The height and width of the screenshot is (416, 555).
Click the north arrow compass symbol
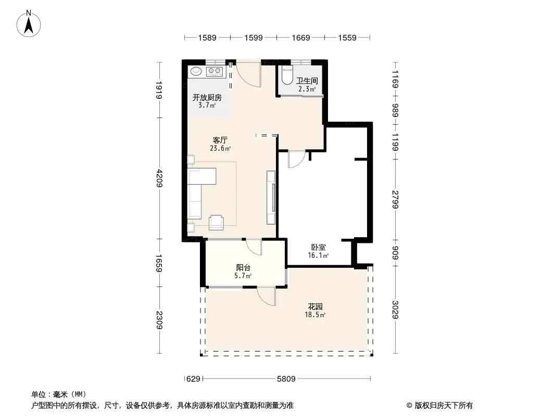(29, 24)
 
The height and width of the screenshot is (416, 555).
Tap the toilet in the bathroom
(286, 74)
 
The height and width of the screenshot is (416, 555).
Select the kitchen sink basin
(196, 71)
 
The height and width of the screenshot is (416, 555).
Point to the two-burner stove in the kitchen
(214, 71)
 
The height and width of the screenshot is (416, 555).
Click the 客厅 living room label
(220, 140)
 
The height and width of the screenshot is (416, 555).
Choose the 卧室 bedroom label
(319, 248)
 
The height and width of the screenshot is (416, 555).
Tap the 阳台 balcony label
(243, 268)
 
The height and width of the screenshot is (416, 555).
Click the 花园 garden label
(315, 307)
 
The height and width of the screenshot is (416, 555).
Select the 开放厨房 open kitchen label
(207, 97)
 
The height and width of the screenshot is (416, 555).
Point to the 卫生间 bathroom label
(307, 81)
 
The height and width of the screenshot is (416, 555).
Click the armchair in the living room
(216, 223)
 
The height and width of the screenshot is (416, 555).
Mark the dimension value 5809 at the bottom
(286, 379)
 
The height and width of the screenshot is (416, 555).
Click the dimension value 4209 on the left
(159, 178)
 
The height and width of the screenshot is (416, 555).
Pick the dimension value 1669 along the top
(301, 37)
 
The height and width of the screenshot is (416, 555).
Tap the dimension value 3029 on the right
(395, 309)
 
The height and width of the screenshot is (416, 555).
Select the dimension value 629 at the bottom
(193, 379)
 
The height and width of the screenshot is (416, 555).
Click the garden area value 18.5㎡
(315, 315)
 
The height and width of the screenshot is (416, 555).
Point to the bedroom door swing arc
(297, 160)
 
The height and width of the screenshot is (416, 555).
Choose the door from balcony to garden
(267, 296)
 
